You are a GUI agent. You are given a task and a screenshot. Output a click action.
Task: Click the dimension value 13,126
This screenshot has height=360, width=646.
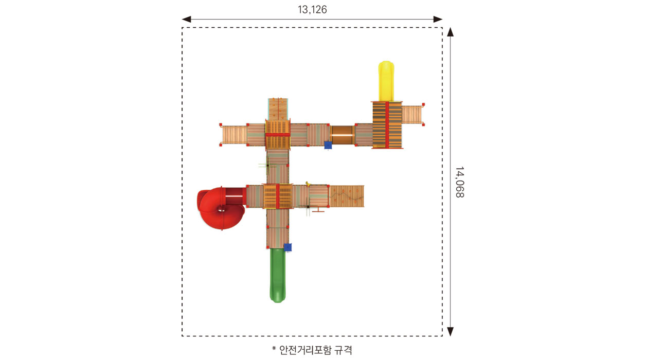[x=312, y=10]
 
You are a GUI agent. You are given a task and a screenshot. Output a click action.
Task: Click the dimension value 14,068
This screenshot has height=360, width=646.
[x=460, y=182]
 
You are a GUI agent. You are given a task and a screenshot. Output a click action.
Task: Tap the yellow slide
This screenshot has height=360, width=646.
[x=386, y=81]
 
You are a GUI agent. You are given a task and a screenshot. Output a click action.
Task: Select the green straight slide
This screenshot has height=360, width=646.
[x=277, y=276]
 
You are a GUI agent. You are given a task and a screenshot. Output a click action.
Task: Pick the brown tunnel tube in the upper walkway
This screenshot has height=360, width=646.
[x=342, y=135]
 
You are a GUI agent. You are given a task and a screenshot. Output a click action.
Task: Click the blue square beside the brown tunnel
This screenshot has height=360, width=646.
[x=328, y=145]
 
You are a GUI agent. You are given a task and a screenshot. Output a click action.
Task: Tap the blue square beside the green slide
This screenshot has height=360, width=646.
[x=288, y=247]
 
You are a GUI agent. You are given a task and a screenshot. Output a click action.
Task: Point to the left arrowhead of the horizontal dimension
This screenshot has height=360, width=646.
[x=186, y=20]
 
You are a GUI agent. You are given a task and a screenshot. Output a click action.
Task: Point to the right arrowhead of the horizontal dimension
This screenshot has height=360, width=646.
[x=438, y=20]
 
